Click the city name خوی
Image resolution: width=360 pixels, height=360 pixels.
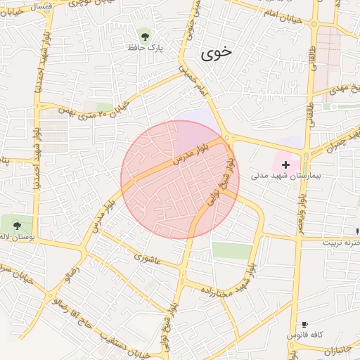pyautogui.click(x=216, y=53)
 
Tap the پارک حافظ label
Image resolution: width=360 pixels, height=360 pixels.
pyautogui.click(x=146, y=48)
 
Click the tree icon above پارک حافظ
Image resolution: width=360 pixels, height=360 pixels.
pyautogui.click(x=146, y=34)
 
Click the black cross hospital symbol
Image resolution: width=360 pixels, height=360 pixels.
pyautogui.click(x=285, y=163)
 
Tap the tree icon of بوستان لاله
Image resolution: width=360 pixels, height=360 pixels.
pyautogui.click(x=17, y=225)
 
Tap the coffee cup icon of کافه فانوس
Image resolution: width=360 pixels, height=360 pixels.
pyautogui.click(x=304, y=325)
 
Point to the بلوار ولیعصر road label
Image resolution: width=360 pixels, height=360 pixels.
pyautogui.click(x=301, y=215)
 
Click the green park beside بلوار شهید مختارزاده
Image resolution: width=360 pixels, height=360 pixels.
pyautogui.click(x=231, y=250)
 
